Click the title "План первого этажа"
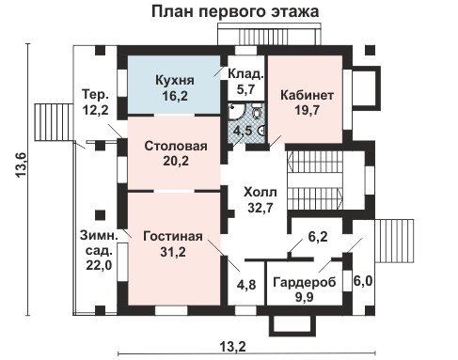tap(235, 11)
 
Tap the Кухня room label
tap(175, 80)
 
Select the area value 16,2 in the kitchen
tap(175, 96)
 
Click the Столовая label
tap(176, 146)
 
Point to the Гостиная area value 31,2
tap(173, 251)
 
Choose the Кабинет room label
tap(307, 95)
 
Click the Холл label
tap(261, 192)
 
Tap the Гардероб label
tap(305, 282)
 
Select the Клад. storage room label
tap(245, 74)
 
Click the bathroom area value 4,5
tap(244, 131)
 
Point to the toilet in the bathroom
tap(257, 113)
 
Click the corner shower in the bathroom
tap(236, 112)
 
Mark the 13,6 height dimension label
tap(22, 164)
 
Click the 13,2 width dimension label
tap(232, 347)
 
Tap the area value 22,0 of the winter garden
tap(99, 266)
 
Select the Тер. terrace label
tap(95, 95)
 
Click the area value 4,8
tap(246, 285)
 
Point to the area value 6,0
tap(363, 281)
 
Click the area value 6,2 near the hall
tap(318, 236)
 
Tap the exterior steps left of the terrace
tap(54, 122)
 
